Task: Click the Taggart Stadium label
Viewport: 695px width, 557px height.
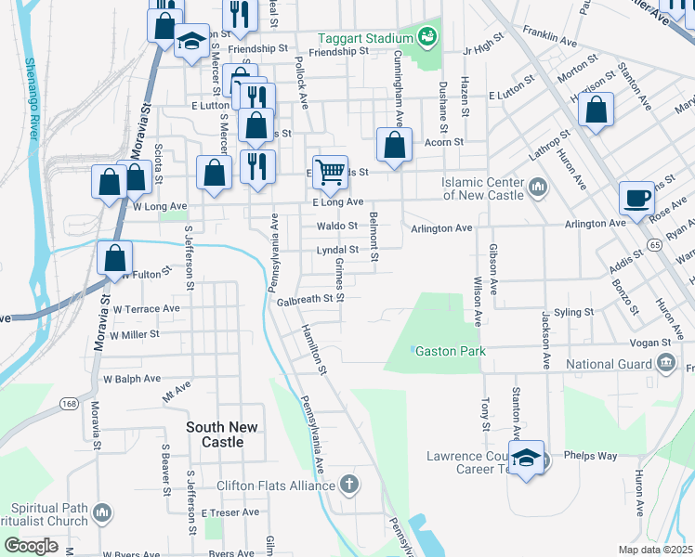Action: pyautogui.click(x=364, y=38)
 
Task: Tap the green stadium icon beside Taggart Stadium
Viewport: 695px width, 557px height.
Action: pyautogui.click(x=427, y=37)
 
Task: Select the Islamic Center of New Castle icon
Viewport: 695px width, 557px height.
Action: pyautogui.click(x=538, y=189)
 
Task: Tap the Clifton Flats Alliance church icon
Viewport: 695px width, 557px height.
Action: pyautogui.click(x=349, y=485)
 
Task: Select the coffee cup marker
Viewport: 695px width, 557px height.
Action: pyautogui.click(x=637, y=198)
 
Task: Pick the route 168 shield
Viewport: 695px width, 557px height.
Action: pyautogui.click(x=70, y=403)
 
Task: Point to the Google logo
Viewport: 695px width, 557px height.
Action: pyautogui.click(x=31, y=546)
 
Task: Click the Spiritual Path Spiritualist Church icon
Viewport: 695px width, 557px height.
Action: pyautogui.click(x=103, y=512)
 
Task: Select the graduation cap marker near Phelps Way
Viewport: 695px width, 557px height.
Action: pyautogui.click(x=527, y=458)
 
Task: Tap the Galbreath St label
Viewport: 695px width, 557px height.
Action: pyautogui.click(x=303, y=299)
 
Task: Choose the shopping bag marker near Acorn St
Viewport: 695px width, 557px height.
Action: pyautogui.click(x=394, y=145)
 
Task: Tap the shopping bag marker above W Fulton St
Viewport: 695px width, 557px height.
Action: pyautogui.click(x=114, y=257)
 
